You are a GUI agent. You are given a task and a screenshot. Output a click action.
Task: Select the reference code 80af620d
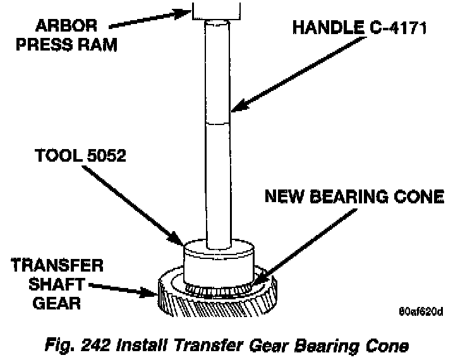422,311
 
